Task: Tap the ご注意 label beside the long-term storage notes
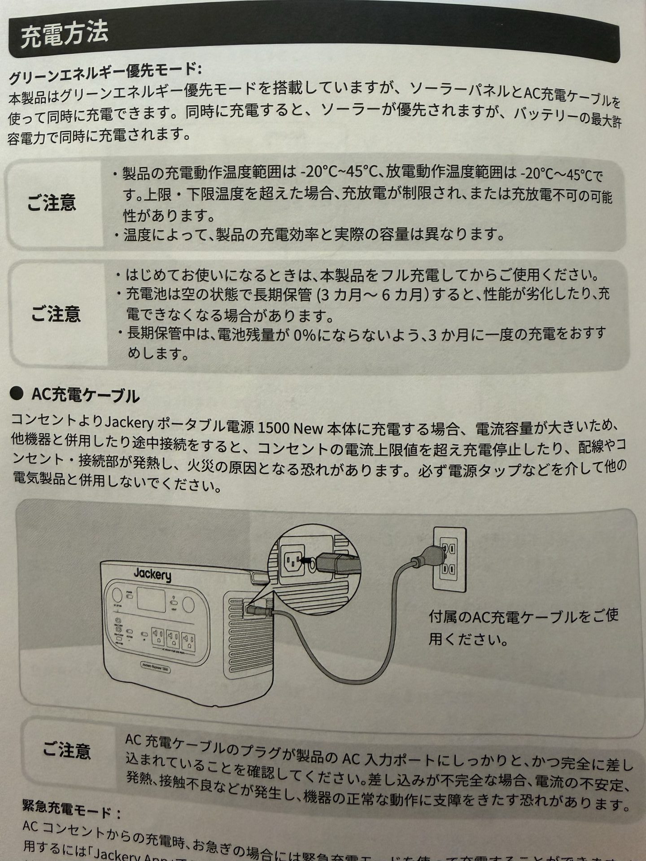pyautogui.click(x=56, y=313)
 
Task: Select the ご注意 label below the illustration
pyautogui.click(x=67, y=750)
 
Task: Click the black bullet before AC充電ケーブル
pyautogui.click(x=17, y=394)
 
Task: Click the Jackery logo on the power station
pyautogui.click(x=152, y=574)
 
